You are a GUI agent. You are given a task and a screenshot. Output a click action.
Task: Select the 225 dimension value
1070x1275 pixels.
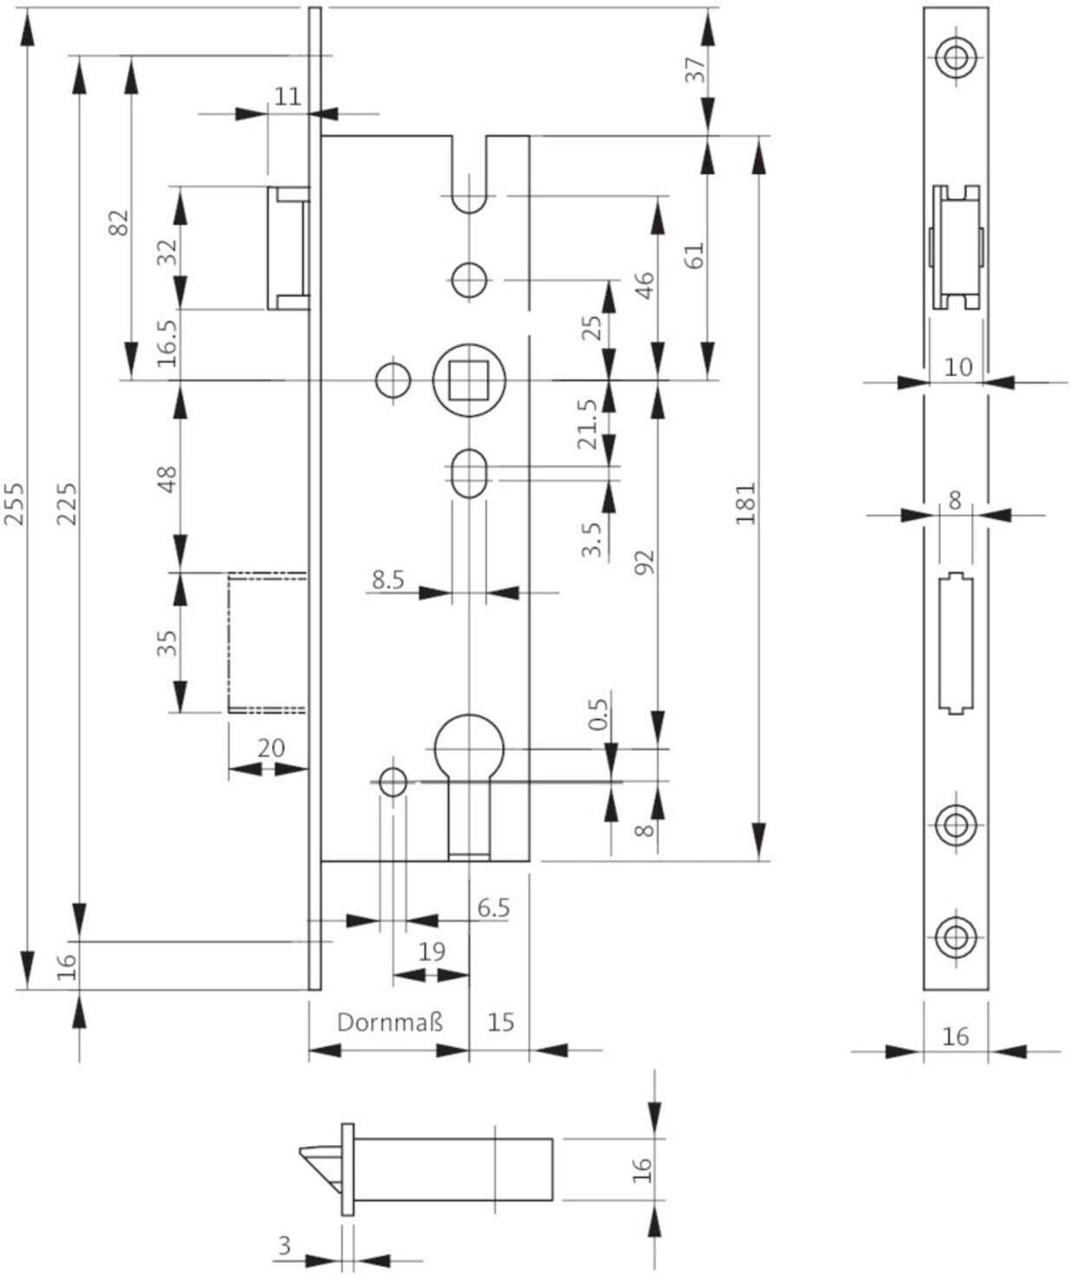tap(67, 504)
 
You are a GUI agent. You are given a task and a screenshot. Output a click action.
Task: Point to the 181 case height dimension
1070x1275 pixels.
tap(746, 504)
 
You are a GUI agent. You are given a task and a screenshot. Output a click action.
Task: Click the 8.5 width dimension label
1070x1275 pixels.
tap(389, 580)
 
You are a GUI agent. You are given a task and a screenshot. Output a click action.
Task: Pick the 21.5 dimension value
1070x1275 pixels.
tap(587, 424)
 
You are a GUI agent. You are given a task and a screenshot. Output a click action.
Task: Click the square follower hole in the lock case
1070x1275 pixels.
tap(469, 380)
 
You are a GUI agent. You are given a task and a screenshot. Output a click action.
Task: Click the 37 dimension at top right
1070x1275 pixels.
tap(695, 69)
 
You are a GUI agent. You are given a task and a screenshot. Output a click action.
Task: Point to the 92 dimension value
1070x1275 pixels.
tap(645, 563)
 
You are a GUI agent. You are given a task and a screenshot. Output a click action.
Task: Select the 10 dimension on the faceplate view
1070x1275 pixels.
tap(957, 367)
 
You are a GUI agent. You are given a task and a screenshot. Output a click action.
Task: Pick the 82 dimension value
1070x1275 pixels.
tap(119, 222)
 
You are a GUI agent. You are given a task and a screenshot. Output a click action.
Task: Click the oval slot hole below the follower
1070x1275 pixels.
tap(469, 473)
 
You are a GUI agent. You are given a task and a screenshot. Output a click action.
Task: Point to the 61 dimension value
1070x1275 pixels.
tap(695, 255)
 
